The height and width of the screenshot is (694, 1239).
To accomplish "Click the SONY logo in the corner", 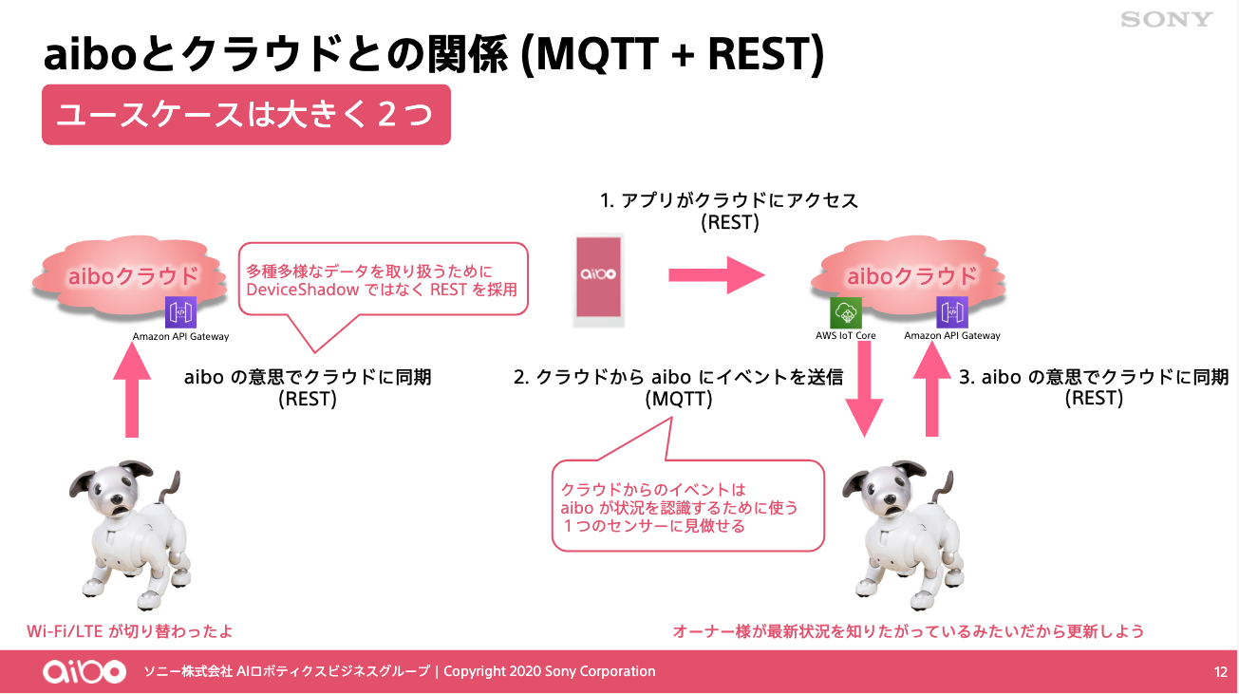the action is tap(1167, 20).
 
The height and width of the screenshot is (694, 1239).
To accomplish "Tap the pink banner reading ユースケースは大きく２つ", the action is tap(246, 115).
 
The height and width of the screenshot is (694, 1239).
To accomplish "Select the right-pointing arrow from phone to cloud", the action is tap(717, 274).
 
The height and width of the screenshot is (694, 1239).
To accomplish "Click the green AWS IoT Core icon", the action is tap(846, 313).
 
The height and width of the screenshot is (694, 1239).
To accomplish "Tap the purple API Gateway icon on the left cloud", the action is tap(181, 312).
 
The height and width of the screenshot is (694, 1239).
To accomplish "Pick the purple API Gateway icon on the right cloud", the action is tap(952, 312).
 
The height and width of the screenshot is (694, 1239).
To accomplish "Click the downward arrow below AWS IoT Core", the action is tap(865, 389).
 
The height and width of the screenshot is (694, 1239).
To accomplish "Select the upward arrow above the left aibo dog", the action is tap(132, 390).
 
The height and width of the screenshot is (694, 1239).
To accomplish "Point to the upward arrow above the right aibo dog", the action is tap(932, 388).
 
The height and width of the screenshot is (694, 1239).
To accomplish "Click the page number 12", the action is tap(1221, 672).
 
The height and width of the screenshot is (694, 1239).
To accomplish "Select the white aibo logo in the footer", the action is tap(84, 671).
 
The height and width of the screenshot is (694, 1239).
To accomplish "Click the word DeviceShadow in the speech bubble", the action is tap(303, 290).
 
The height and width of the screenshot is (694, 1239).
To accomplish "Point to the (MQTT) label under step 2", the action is tap(679, 399).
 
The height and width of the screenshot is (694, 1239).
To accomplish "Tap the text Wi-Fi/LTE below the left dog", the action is tap(65, 631).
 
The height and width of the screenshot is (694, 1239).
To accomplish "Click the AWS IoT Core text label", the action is tap(846, 336).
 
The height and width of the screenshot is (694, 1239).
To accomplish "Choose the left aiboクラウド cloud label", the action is tap(133, 276).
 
